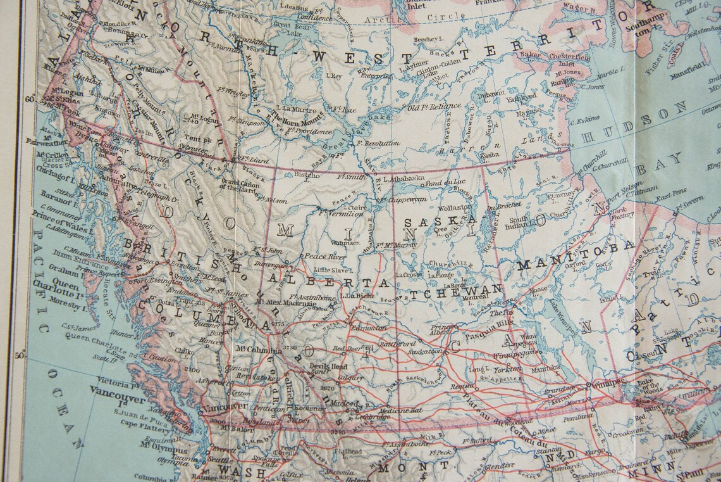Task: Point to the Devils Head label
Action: pos(328,366)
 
